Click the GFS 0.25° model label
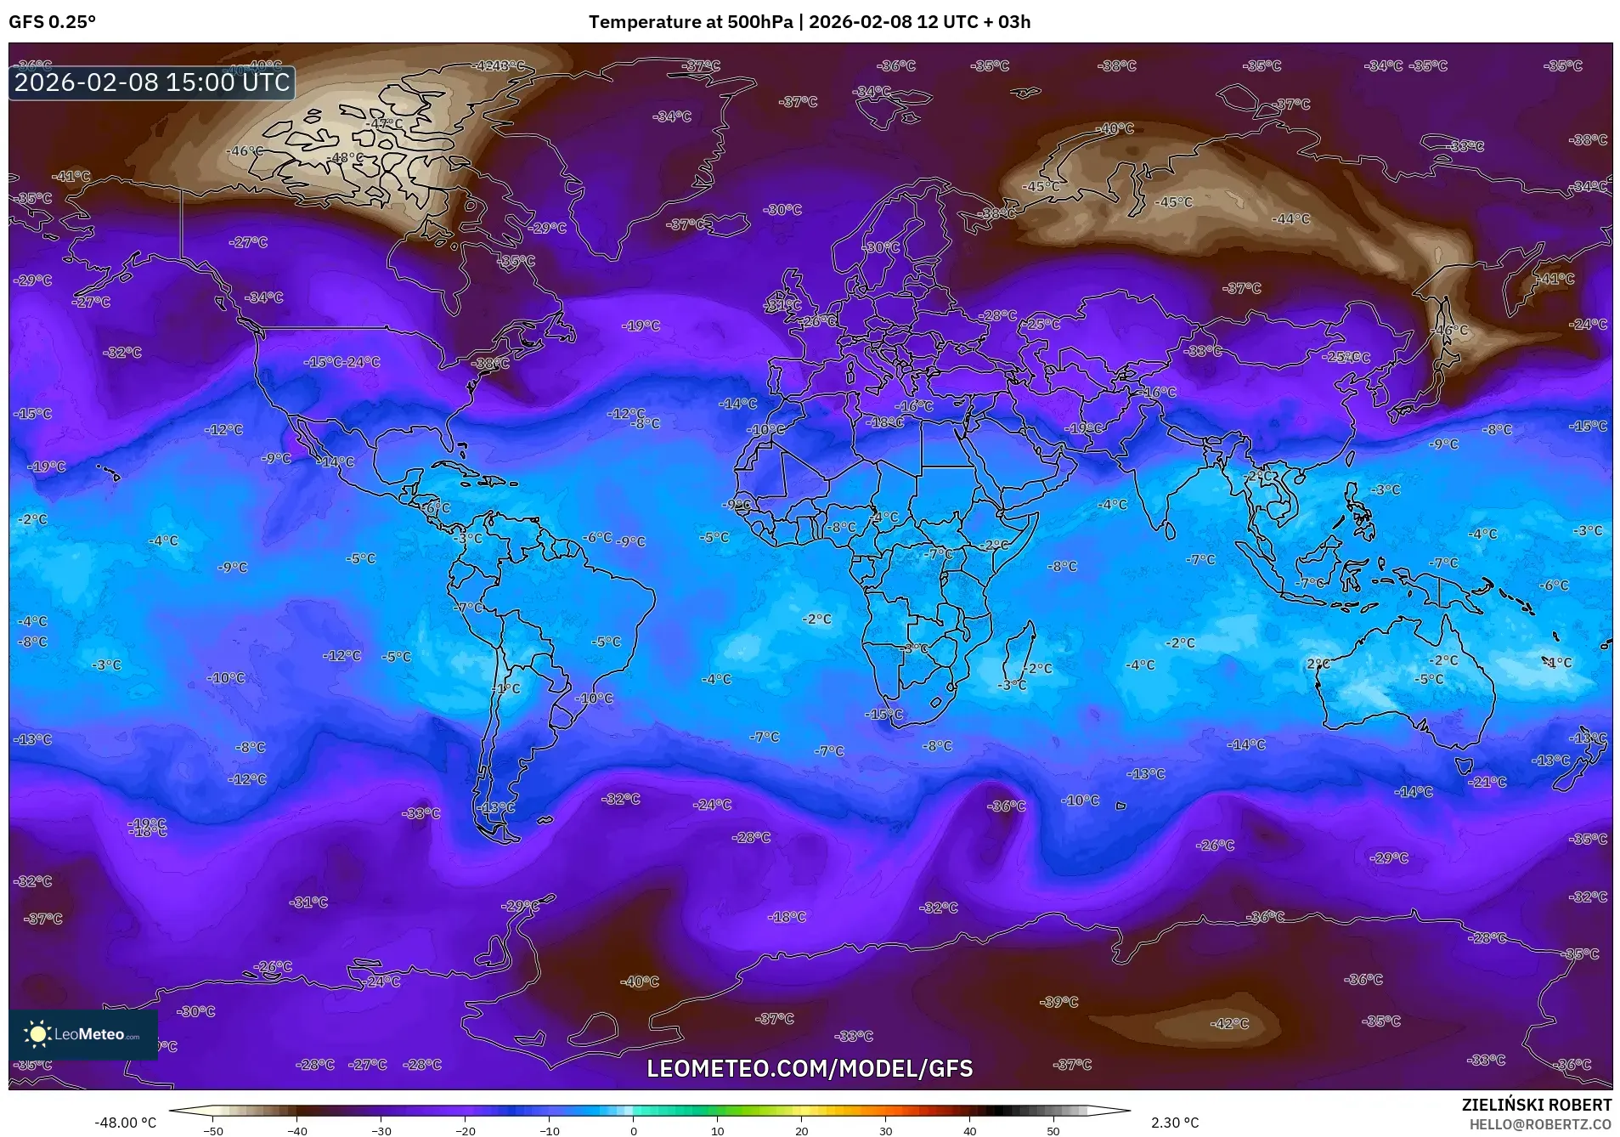[x=52, y=22]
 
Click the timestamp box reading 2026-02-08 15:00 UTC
[x=152, y=82]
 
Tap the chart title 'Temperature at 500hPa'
[x=691, y=22]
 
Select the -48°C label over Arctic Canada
[x=346, y=158]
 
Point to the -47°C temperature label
[x=385, y=124]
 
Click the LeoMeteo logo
[x=82, y=1034]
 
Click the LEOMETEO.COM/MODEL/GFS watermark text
[x=810, y=1068]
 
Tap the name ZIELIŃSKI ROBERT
[x=1536, y=1105]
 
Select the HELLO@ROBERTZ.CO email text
[x=1540, y=1123]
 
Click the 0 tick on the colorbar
[x=633, y=1130]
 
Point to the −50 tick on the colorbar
[x=213, y=1130]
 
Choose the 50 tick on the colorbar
[x=1053, y=1130]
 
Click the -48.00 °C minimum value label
[x=126, y=1123]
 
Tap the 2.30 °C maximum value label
[x=1175, y=1123]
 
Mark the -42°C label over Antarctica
[x=1229, y=1024]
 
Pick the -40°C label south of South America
[x=640, y=981]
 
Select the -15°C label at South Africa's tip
[x=883, y=715]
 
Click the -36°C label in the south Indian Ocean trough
[x=1007, y=806]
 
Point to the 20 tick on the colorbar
[x=801, y=1130]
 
